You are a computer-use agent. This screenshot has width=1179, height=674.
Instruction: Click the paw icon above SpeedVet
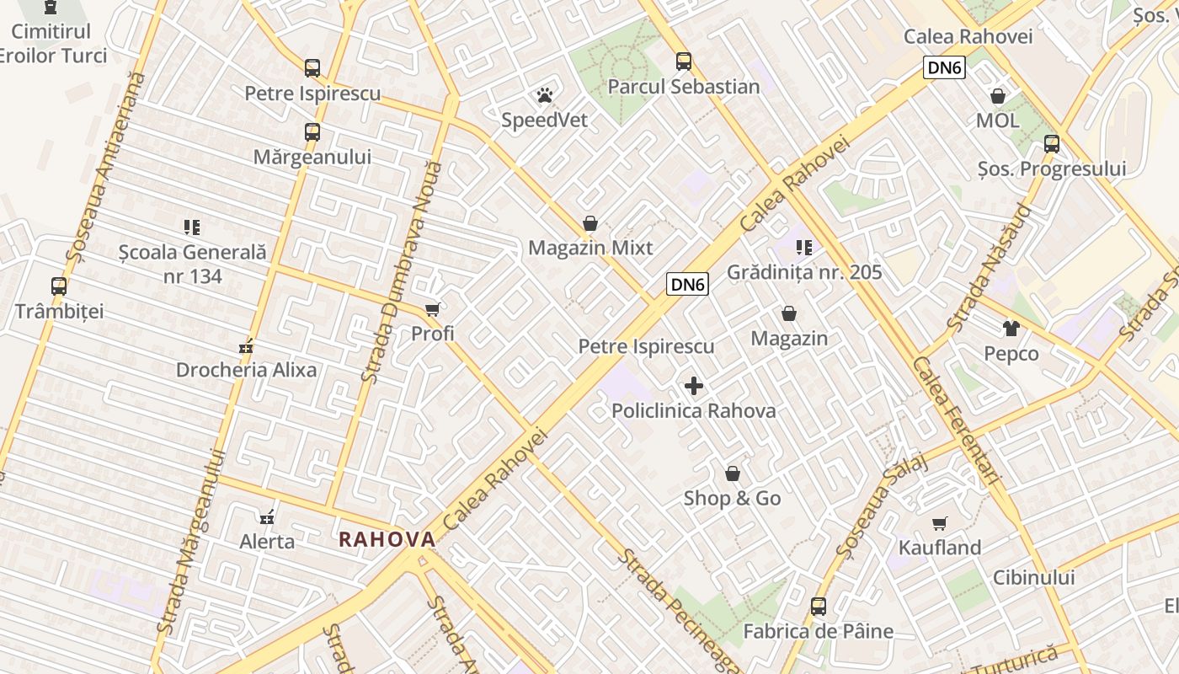coord(545,95)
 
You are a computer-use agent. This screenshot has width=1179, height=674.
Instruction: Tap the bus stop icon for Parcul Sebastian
coord(683,62)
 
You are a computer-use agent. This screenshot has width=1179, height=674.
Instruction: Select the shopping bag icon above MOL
coord(998,96)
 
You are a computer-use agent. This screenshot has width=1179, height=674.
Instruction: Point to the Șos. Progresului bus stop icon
coord(1051,144)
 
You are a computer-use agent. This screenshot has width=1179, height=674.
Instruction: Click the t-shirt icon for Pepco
coord(1011,329)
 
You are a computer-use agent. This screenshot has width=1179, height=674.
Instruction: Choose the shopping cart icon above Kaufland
coord(940,523)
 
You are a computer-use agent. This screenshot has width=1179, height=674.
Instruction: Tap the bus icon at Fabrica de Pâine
coord(818,607)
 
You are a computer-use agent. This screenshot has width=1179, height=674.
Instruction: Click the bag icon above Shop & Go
coord(733,473)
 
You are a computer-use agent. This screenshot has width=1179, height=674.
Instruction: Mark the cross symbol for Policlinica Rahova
coord(694,387)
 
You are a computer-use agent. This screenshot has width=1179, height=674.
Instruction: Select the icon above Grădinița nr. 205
coord(804,248)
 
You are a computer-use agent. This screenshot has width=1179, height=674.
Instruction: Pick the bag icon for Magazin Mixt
coord(590,223)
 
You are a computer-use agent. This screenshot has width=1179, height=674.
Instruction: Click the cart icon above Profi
coord(433,309)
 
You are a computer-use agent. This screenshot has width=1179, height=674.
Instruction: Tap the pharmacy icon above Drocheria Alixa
coord(247,345)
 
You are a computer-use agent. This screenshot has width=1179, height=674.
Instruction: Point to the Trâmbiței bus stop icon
coord(59,286)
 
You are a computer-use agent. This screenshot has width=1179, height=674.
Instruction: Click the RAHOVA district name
coord(387,540)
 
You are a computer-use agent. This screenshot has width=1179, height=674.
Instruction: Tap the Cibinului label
coord(1033,578)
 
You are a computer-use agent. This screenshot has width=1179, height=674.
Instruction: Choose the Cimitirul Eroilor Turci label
coord(52,44)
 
